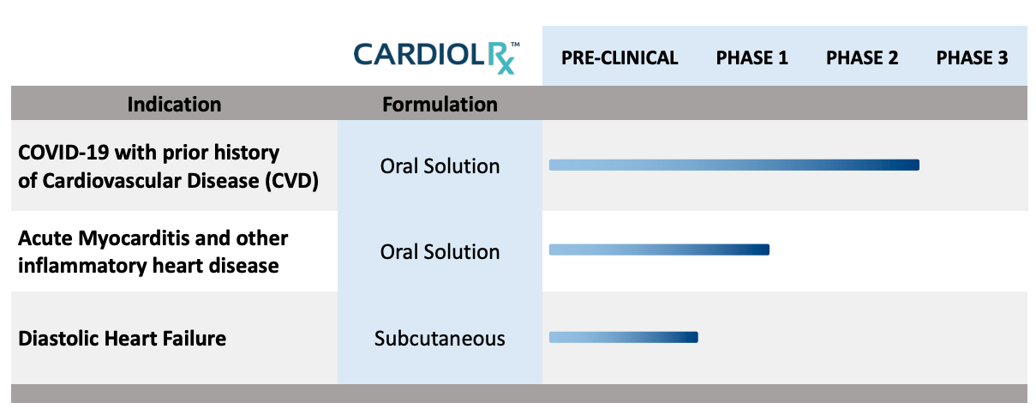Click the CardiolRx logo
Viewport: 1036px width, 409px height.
(437, 57)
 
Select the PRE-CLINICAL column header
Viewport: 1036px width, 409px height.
(620, 57)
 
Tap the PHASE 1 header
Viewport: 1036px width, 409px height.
(752, 57)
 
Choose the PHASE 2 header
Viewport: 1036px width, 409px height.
(862, 57)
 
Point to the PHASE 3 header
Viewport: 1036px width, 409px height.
(972, 57)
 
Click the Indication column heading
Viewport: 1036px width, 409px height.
(174, 104)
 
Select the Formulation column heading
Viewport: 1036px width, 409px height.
(440, 104)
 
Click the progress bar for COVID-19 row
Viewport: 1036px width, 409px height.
(734, 165)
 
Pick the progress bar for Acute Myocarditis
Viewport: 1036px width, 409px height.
(659, 250)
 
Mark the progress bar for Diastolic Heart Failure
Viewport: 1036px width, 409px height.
(624, 337)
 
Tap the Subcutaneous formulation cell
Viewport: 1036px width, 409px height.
(440, 338)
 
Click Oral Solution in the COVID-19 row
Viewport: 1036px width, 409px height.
(440, 166)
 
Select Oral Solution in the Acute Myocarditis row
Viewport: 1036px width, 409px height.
(440, 252)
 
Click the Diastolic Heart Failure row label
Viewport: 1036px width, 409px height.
(122, 338)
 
